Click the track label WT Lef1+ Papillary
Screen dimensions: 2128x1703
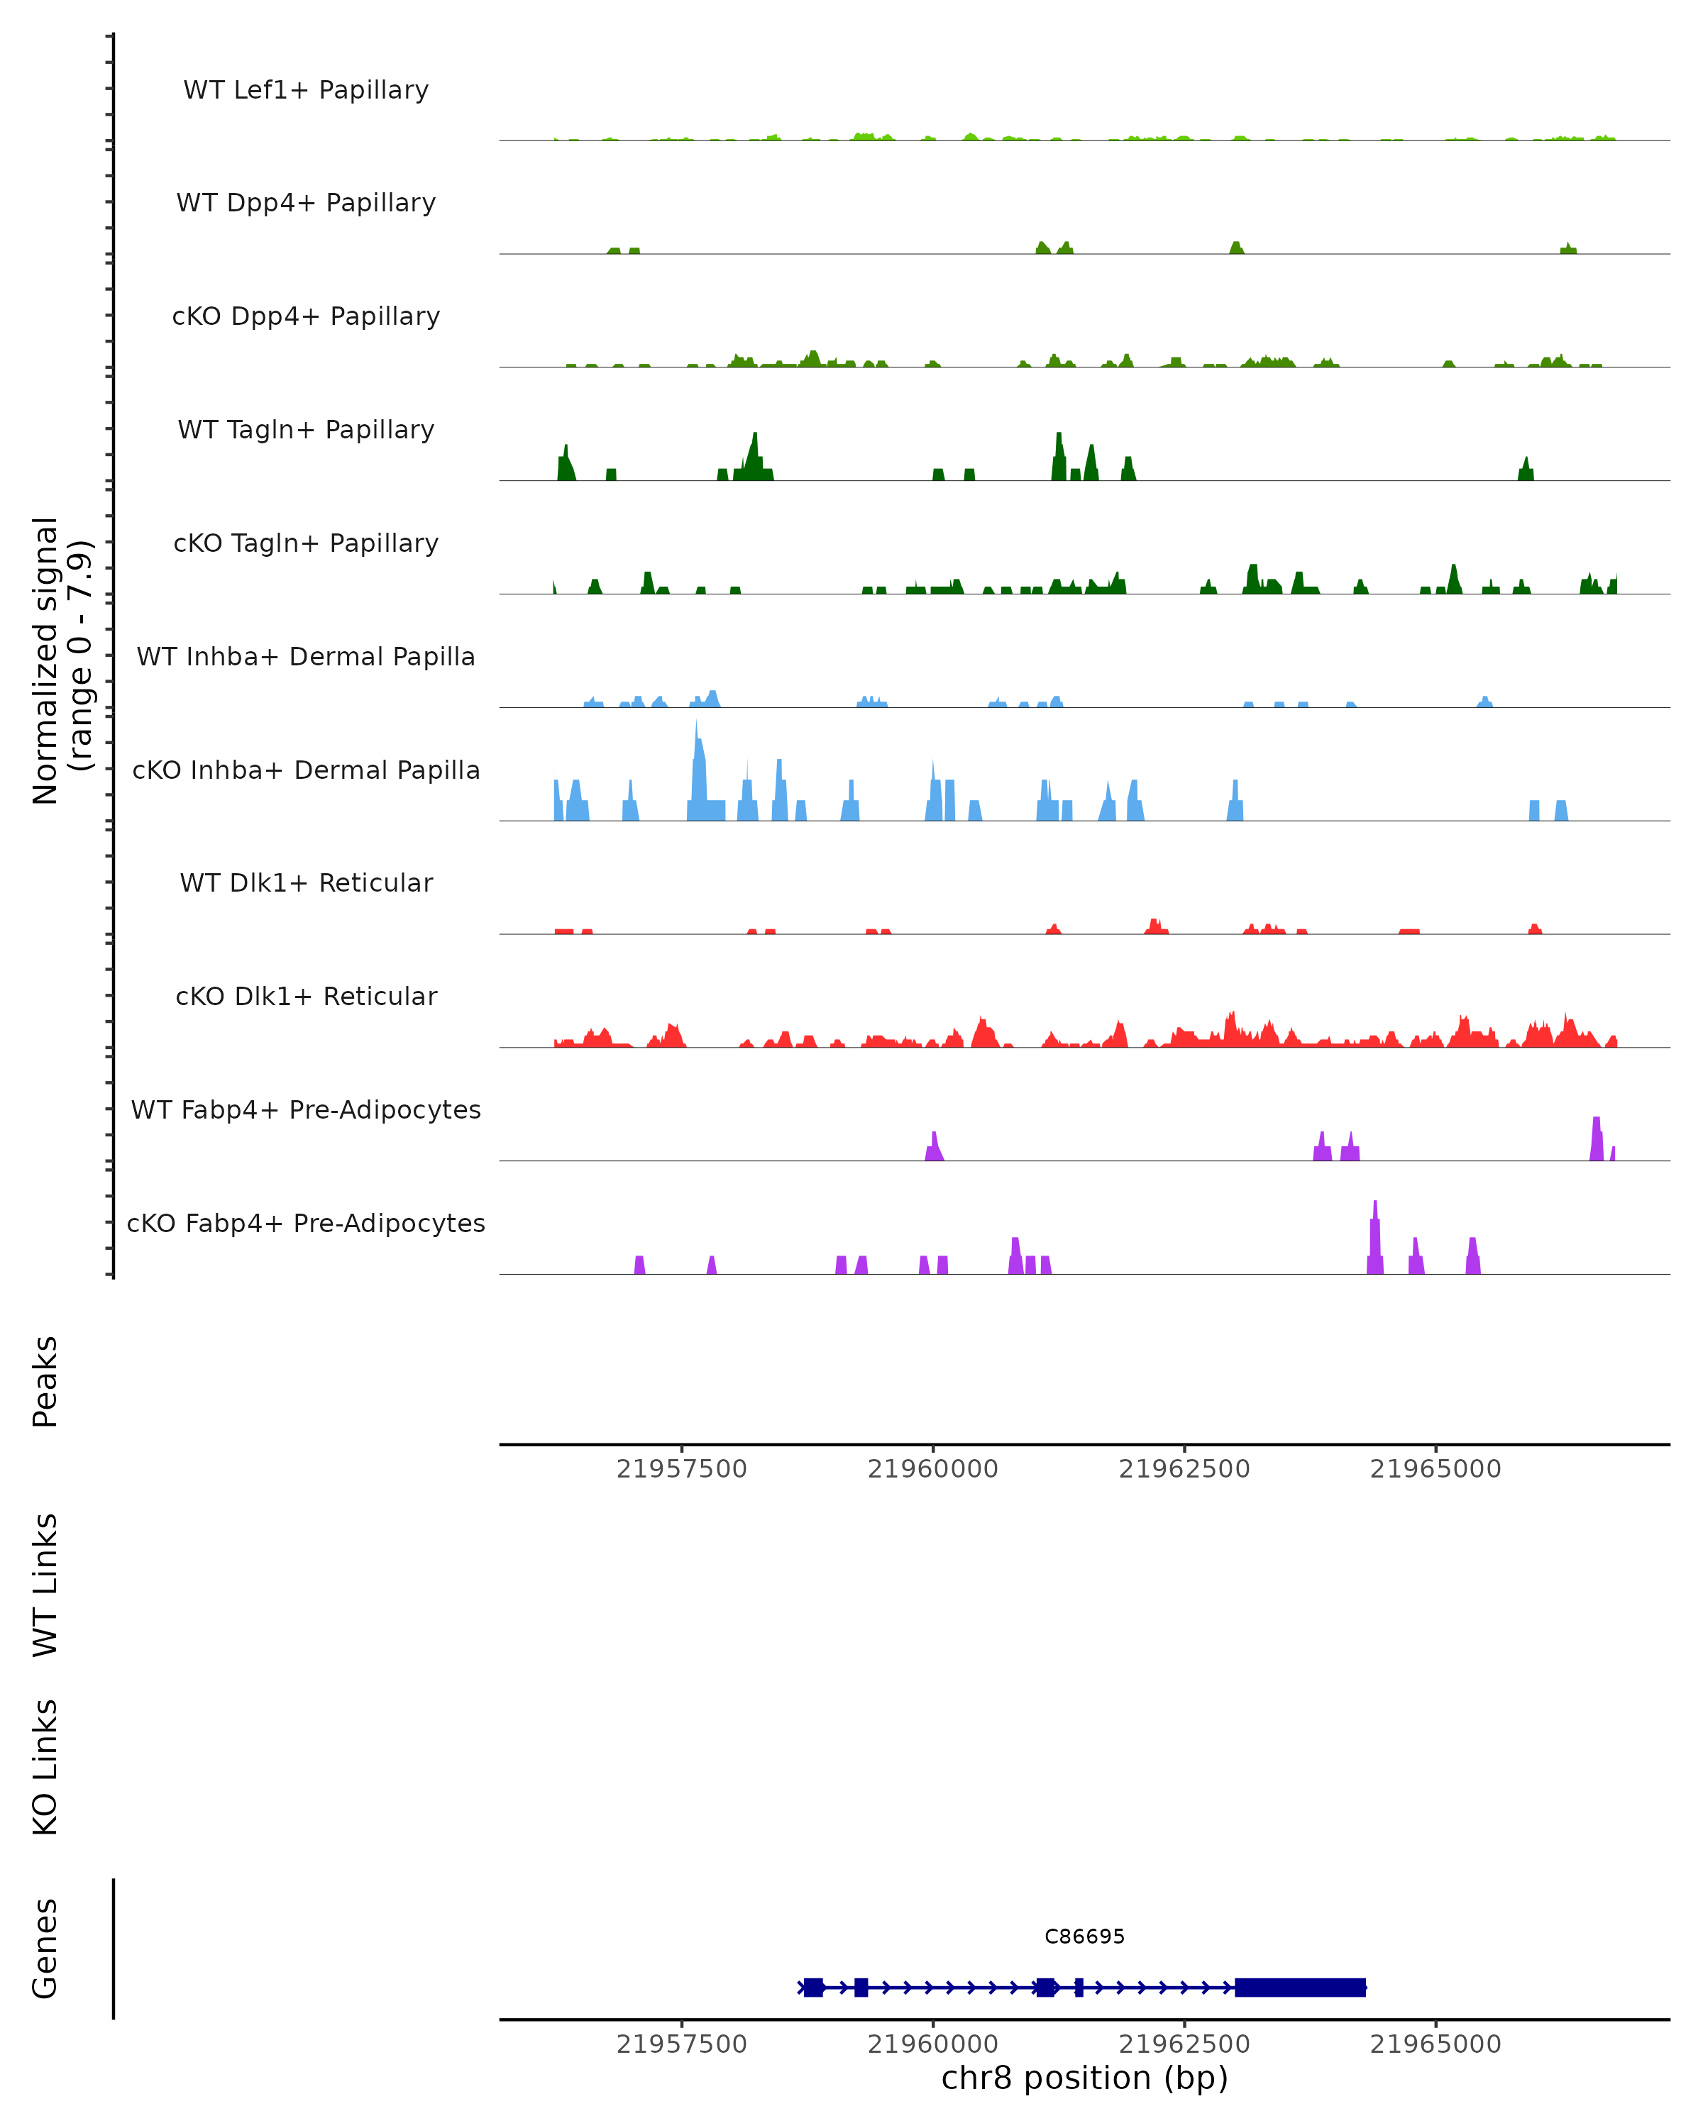point(306,90)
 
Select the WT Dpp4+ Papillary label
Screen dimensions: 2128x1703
point(306,204)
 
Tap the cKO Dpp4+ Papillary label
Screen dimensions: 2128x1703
point(306,317)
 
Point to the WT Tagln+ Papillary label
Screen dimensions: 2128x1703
point(306,431)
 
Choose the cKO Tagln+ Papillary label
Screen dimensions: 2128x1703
point(306,544)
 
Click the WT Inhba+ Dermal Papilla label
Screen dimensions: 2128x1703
point(306,658)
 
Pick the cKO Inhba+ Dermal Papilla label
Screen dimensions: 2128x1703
point(306,771)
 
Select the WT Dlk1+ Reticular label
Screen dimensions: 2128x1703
point(306,883)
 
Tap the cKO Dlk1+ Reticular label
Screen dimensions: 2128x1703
point(306,997)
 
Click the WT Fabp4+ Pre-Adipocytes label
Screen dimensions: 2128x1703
point(306,1110)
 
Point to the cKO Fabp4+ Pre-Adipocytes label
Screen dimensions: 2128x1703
point(306,1224)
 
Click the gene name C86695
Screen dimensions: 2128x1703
point(1084,1936)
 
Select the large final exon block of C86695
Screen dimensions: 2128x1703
point(1299,1987)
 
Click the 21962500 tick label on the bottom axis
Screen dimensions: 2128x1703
point(1184,2044)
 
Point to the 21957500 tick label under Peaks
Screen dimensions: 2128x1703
point(681,1469)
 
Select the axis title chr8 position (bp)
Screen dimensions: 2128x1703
point(1084,2078)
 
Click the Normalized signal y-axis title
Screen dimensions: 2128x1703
point(61,659)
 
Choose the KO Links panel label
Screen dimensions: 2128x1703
point(45,1767)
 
